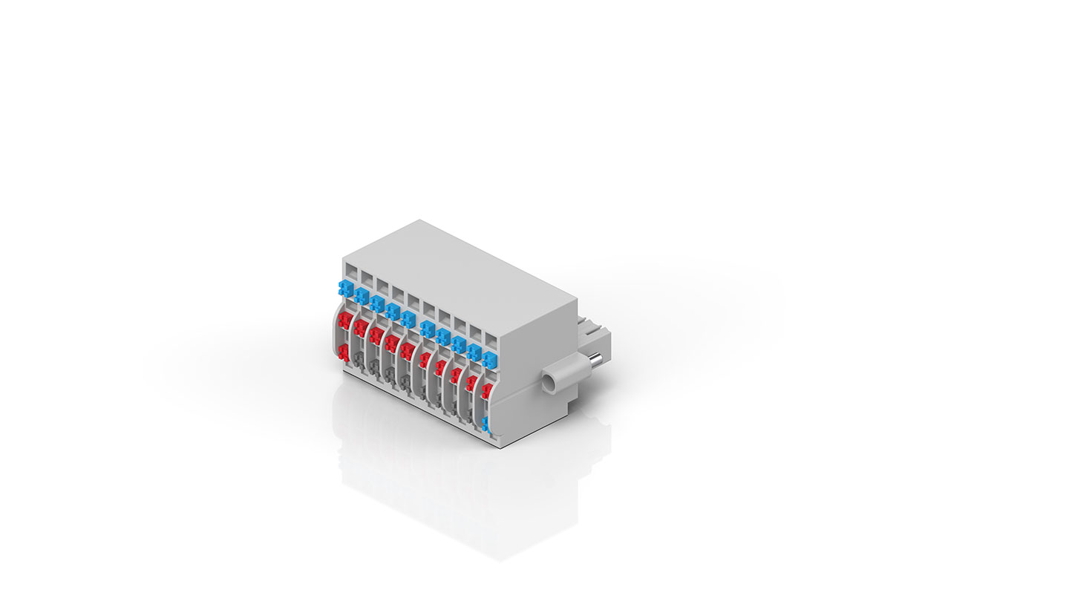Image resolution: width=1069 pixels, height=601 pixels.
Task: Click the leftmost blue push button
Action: [344, 288]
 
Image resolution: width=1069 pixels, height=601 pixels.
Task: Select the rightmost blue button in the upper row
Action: [488, 361]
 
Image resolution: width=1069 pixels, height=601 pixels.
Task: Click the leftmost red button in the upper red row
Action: [344, 321]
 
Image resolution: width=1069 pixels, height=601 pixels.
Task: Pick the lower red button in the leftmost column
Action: [343, 352]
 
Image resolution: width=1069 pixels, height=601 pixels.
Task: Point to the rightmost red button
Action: [486, 391]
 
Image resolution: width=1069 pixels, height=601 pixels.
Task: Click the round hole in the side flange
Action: [549, 384]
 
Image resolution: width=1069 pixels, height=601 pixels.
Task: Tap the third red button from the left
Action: [376, 336]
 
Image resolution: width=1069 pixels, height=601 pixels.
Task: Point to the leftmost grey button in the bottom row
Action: [359, 361]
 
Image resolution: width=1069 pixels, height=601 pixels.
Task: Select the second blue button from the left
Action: [361, 296]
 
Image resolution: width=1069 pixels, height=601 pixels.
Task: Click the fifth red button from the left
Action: [407, 352]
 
